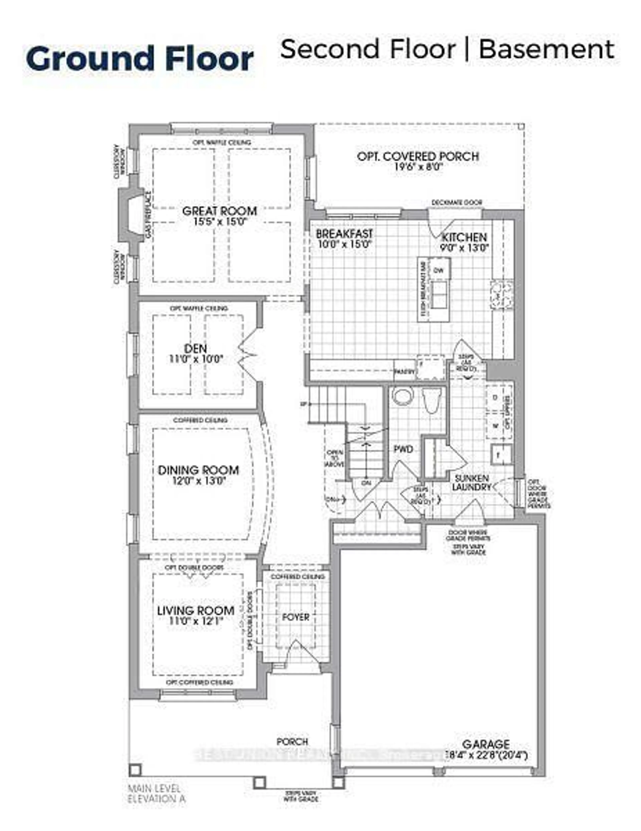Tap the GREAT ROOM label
[x=220, y=211]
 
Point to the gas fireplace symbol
[x=133, y=215]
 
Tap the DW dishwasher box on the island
[x=439, y=271]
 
